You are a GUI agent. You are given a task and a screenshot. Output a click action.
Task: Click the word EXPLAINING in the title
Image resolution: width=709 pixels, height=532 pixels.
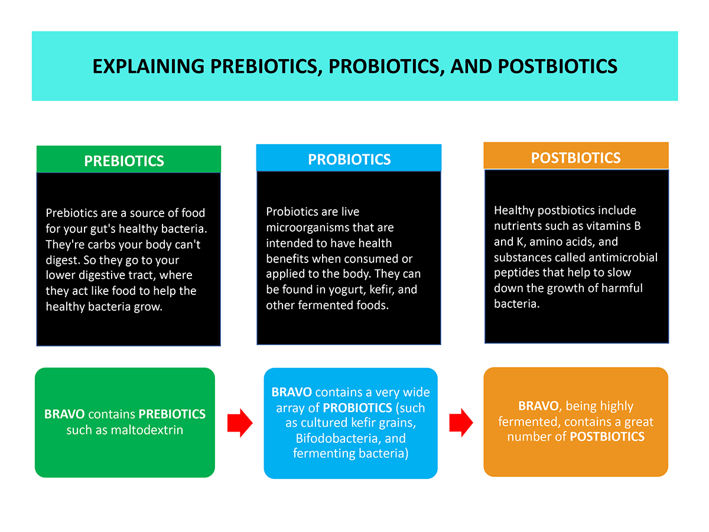[148, 66]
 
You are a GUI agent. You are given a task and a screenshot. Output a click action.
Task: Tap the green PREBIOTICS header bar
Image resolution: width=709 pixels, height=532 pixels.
[129, 159]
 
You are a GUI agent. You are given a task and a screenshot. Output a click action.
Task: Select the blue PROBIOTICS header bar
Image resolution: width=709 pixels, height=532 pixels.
[349, 158]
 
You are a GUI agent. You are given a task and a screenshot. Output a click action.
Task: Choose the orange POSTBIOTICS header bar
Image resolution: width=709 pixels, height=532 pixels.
[575, 155]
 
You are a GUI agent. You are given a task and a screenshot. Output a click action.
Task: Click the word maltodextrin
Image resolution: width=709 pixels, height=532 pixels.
[147, 430]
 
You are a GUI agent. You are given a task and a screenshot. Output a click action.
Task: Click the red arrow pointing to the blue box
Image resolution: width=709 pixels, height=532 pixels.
[240, 423]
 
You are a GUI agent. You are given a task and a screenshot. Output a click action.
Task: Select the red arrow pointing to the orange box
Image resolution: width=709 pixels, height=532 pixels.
[461, 423]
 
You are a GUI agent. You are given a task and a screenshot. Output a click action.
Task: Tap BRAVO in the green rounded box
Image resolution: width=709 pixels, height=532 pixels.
[64, 414]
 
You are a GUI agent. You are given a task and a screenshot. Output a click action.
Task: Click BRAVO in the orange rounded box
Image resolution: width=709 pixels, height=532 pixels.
[538, 406]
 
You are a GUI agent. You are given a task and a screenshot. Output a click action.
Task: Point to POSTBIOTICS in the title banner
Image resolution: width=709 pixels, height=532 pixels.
[557, 66]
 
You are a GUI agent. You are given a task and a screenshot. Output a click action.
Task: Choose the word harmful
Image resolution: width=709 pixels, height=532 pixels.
[623, 288]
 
